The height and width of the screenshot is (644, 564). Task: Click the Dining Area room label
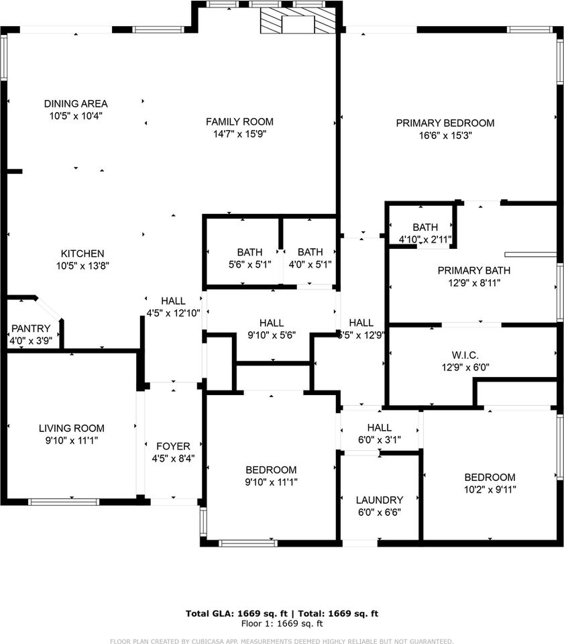(x=76, y=103)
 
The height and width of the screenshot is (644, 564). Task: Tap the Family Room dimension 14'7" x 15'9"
(x=239, y=133)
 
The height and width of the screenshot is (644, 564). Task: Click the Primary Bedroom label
(x=445, y=123)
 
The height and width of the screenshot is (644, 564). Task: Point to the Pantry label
(x=30, y=328)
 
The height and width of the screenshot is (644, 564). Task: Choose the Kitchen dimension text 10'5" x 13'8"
(x=82, y=265)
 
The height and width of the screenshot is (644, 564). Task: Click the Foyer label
(x=173, y=446)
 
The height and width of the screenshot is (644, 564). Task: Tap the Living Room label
(x=71, y=428)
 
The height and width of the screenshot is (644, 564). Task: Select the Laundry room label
(x=380, y=500)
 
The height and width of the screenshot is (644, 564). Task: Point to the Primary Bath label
(x=473, y=270)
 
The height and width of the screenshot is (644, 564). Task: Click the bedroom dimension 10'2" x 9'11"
(x=490, y=489)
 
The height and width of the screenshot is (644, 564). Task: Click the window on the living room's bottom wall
(x=63, y=500)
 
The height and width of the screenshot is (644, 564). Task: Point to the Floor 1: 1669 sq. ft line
(x=282, y=623)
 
